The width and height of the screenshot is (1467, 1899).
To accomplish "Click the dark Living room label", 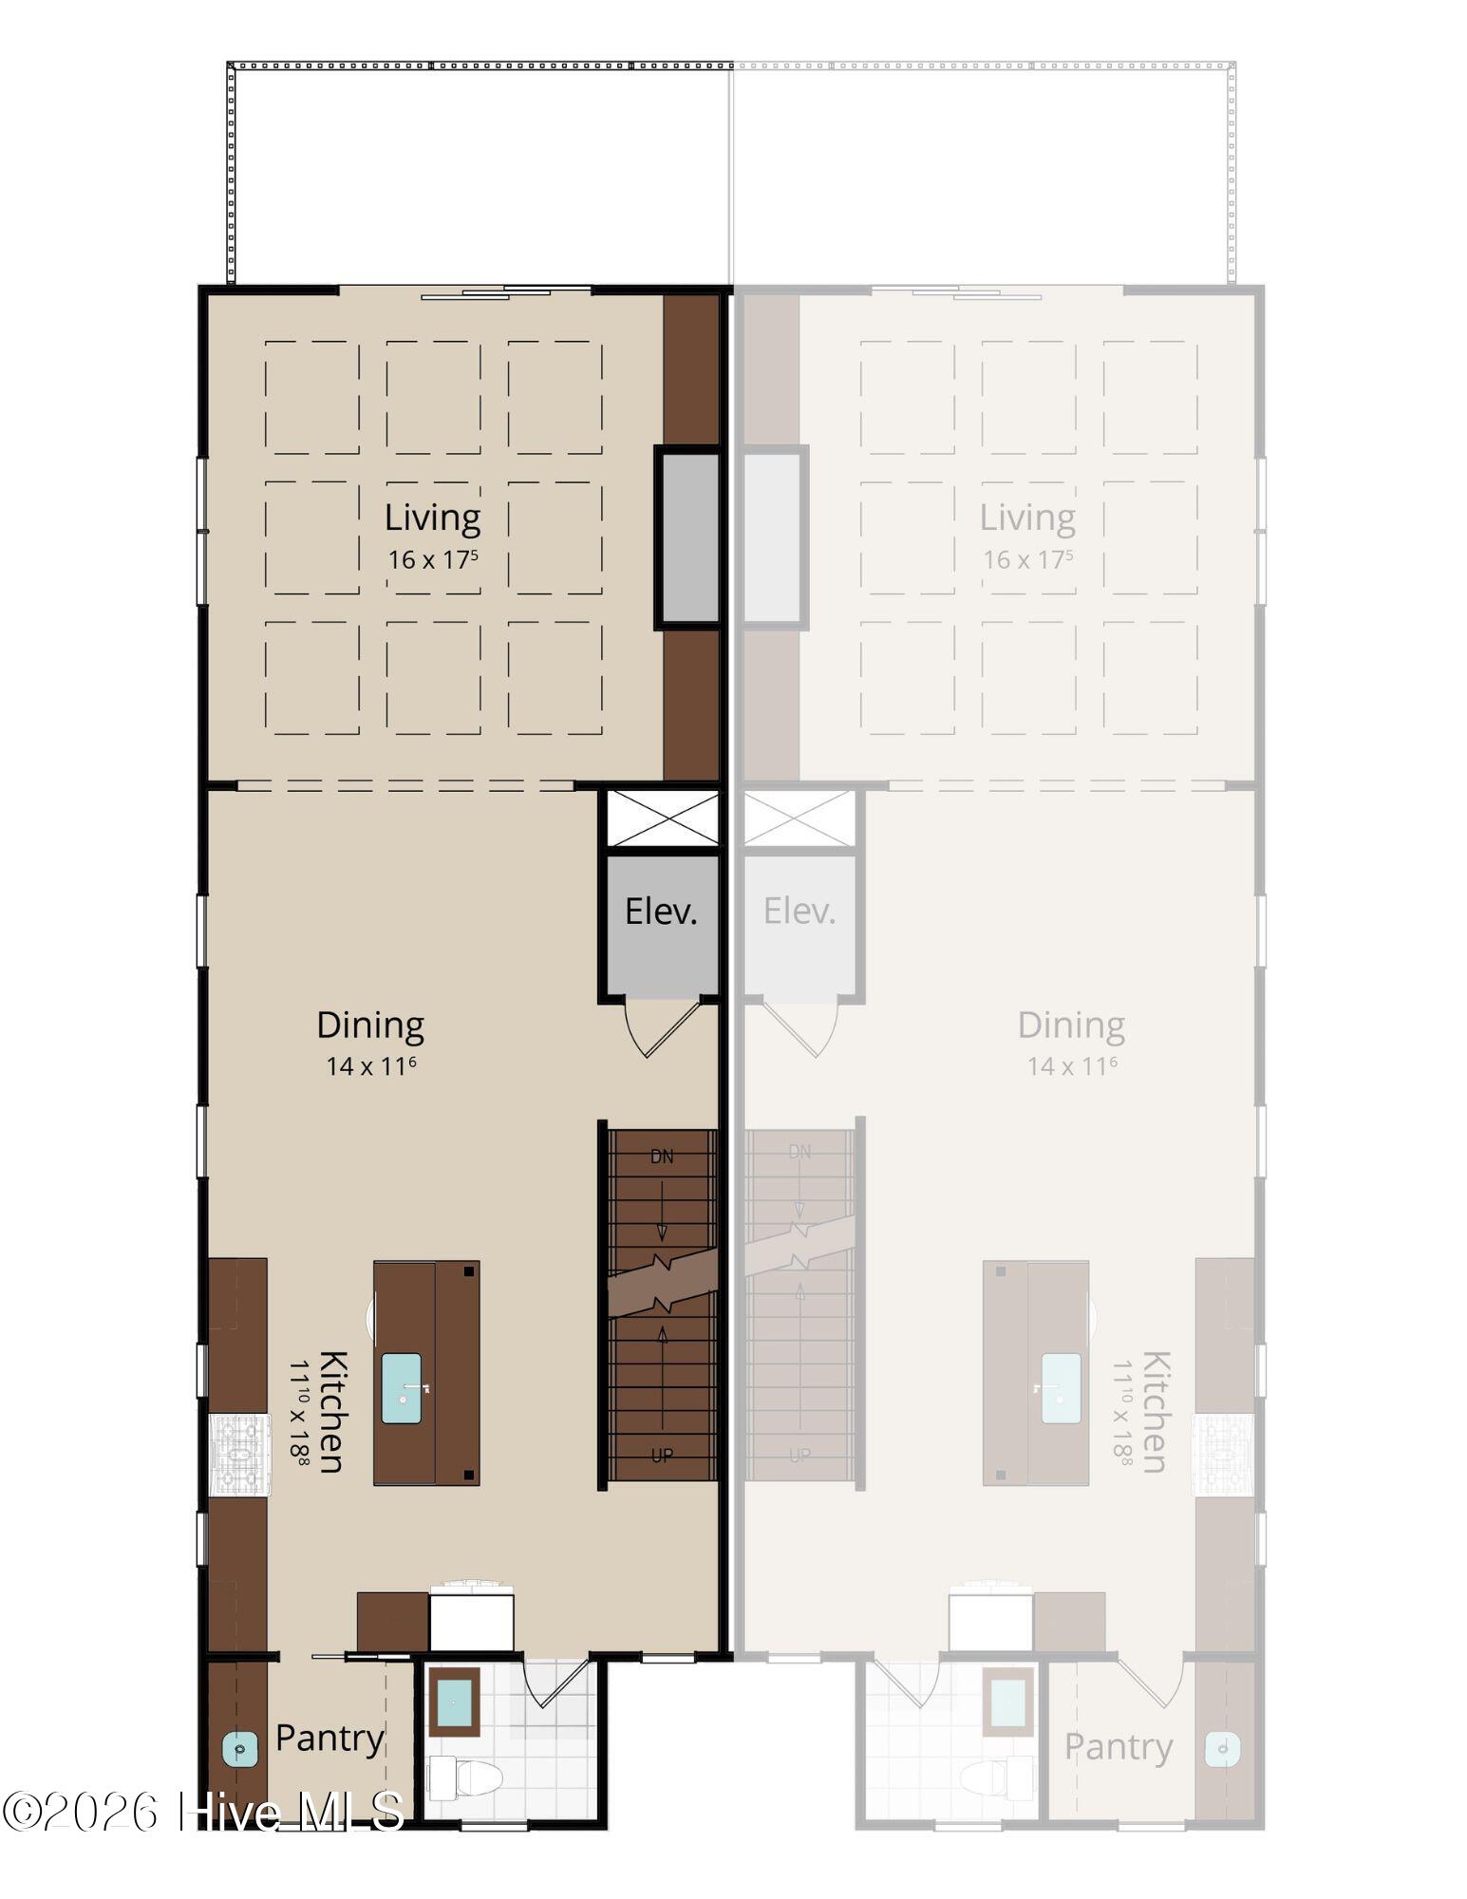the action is click(432, 518).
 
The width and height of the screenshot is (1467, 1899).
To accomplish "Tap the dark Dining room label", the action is click(370, 1025).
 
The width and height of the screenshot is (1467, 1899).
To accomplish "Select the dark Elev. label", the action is click(661, 912).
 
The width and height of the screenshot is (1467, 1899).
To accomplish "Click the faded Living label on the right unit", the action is click(1027, 518).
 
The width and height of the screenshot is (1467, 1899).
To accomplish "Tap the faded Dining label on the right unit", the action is click(1071, 1025).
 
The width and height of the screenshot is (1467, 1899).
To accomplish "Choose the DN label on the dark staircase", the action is click(662, 1156).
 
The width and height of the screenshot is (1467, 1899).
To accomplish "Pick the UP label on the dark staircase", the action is click(662, 1455).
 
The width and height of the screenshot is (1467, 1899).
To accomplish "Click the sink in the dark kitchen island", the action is click(402, 1388).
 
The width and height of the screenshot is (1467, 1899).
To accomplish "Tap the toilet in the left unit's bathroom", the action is click(464, 1777).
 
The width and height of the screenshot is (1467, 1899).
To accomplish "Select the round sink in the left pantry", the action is click(240, 1748).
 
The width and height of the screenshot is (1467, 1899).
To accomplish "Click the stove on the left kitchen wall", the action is click(239, 1455).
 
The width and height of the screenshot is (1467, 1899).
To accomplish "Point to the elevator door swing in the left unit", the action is click(662, 1029).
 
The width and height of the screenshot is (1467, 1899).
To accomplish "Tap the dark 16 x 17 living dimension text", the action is click(433, 560).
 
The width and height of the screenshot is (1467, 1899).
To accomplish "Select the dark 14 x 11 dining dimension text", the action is click(371, 1066).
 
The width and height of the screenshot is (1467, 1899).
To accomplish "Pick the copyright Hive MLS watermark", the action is click(202, 1811).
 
